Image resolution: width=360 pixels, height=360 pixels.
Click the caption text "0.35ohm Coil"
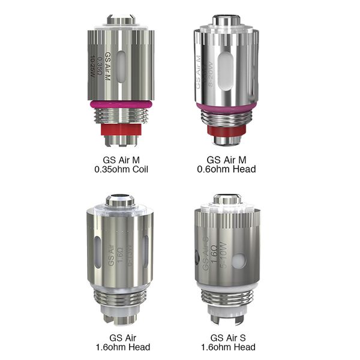pos(126,170)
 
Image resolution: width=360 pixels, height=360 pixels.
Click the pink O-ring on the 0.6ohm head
pos(226,107)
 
